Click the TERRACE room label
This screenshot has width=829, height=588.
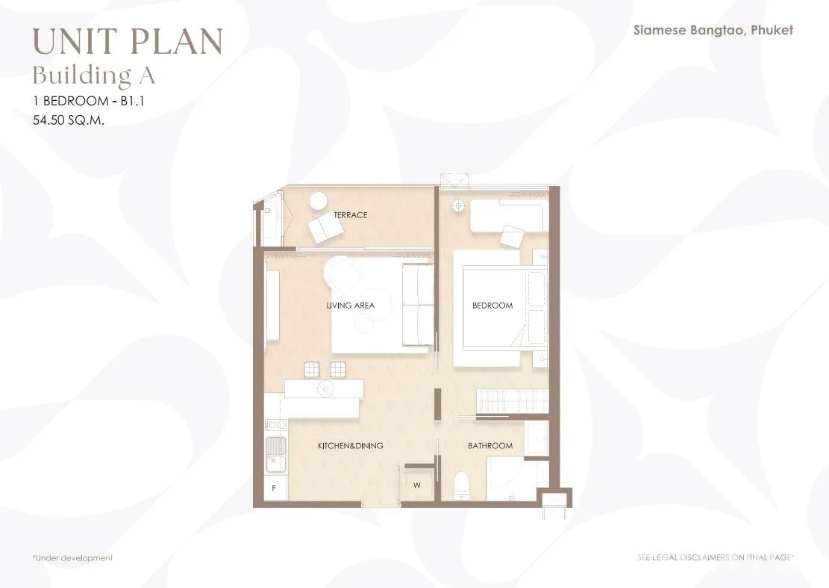point(350,215)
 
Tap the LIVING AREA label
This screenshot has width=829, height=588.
point(350,306)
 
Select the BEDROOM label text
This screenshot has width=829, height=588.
point(492,306)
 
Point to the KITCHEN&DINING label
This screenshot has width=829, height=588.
point(350,445)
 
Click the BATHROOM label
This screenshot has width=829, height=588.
point(490,445)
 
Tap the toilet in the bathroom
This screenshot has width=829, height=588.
point(463,484)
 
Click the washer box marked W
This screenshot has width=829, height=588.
point(417,485)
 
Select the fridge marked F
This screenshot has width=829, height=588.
point(275,487)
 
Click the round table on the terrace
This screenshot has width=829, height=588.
point(319,201)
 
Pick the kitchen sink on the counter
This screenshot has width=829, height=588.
point(275,454)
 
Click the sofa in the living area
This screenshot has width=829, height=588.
point(418,306)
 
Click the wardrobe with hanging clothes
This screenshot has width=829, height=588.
point(512,400)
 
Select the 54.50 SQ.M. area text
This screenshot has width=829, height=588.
point(69,120)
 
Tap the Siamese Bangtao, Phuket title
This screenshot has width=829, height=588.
point(713,30)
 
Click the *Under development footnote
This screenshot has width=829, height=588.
point(72,558)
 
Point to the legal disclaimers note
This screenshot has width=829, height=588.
point(716,557)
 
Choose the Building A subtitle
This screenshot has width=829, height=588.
point(94,75)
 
